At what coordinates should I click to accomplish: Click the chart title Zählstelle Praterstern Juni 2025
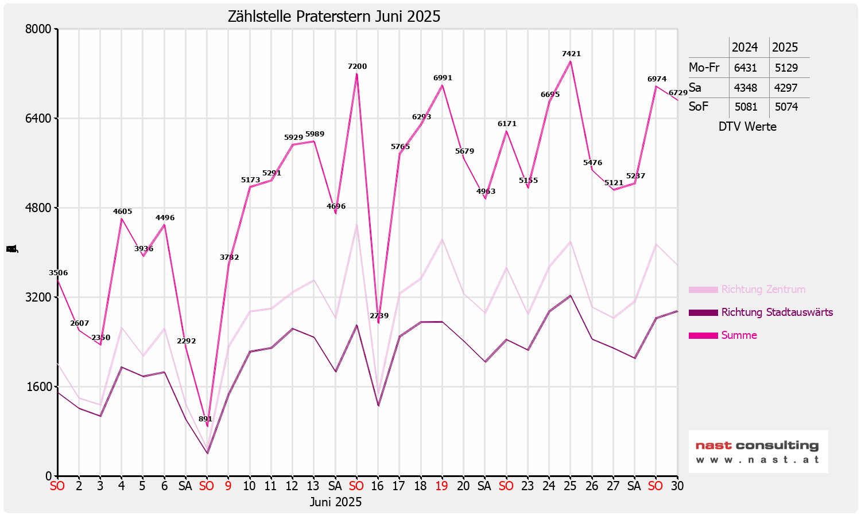(x=334, y=17)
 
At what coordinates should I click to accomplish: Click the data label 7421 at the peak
(x=571, y=54)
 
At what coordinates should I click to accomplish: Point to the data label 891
(x=205, y=419)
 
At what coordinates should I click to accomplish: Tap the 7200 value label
(x=357, y=67)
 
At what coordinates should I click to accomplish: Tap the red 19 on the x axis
(x=441, y=486)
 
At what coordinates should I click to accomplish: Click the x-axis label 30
(x=677, y=486)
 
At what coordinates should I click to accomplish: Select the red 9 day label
(x=228, y=486)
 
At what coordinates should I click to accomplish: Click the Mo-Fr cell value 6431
(x=745, y=68)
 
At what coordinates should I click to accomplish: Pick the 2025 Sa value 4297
(x=786, y=88)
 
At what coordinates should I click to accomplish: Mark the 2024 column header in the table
(x=744, y=48)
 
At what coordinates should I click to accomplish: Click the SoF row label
(x=699, y=107)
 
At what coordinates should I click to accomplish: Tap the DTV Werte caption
(x=747, y=127)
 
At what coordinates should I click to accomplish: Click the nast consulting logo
(x=758, y=451)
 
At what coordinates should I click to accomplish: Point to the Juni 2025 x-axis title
(x=336, y=502)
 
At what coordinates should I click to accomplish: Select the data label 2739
(x=379, y=316)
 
